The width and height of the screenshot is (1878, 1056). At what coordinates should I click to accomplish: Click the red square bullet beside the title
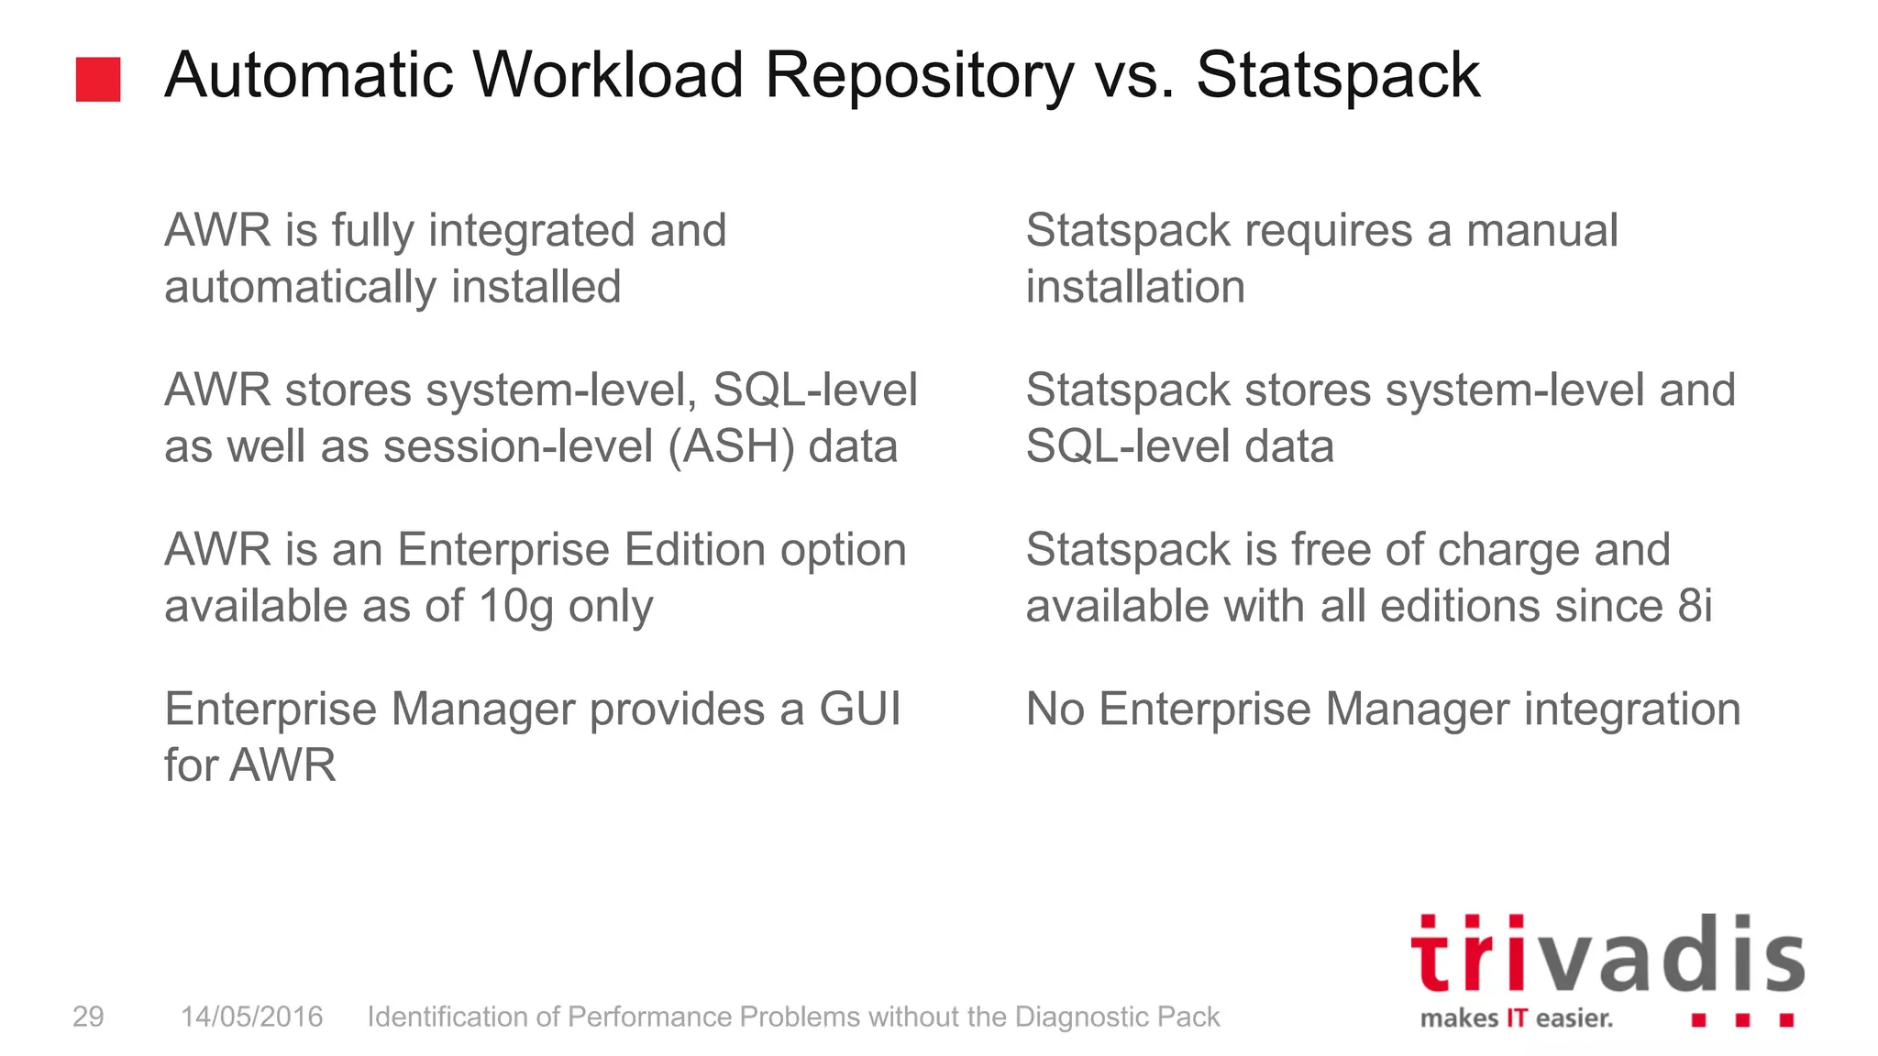click(98, 80)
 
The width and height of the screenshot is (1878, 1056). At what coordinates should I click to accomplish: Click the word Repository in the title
click(919, 76)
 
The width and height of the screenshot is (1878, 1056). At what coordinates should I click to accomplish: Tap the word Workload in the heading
click(608, 74)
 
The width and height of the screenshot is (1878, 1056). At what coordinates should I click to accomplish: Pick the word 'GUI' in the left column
click(860, 709)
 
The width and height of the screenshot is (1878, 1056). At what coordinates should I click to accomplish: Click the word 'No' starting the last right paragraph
click(1055, 709)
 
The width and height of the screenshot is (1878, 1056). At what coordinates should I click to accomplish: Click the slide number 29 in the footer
click(88, 1017)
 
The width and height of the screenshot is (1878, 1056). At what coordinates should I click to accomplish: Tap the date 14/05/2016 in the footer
click(251, 1017)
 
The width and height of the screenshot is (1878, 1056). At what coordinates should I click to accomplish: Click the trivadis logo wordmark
click(1607, 955)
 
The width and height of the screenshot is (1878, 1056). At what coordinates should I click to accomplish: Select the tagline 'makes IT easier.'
click(1516, 1018)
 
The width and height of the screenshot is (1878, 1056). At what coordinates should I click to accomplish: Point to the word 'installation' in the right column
click(1135, 287)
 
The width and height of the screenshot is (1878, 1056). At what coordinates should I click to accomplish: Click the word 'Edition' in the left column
click(694, 550)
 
